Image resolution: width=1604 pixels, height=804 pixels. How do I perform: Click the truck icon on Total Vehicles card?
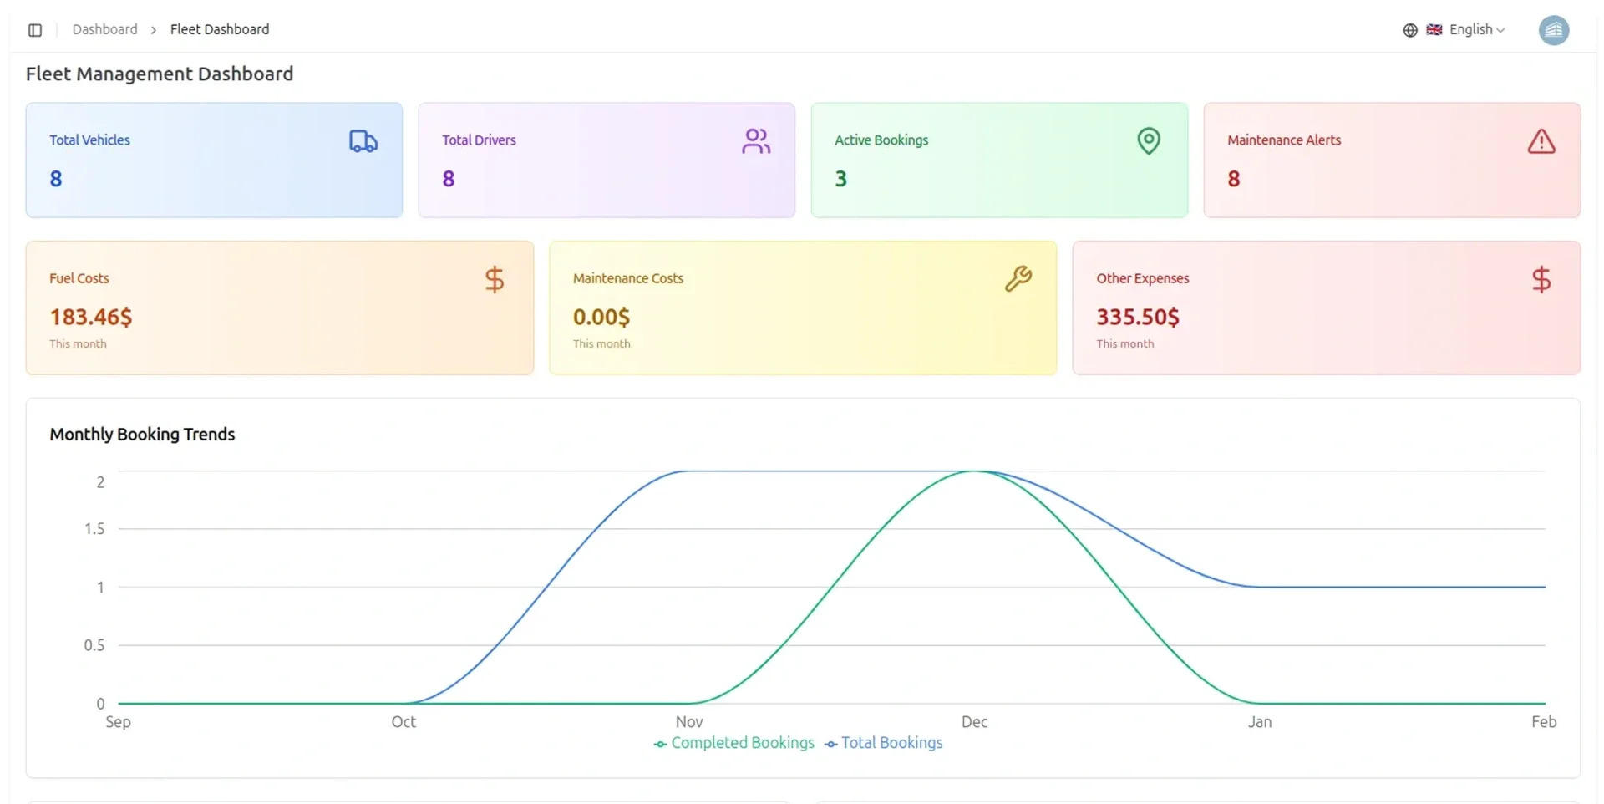coord(363,141)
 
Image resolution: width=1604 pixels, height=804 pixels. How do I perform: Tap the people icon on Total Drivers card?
coord(756,141)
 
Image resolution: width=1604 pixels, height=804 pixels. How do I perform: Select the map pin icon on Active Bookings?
coord(1149,141)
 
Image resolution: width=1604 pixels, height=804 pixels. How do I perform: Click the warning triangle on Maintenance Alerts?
coord(1541,141)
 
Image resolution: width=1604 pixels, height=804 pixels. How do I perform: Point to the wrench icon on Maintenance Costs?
coord(1018,278)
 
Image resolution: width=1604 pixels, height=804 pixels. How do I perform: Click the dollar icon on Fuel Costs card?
coord(495,279)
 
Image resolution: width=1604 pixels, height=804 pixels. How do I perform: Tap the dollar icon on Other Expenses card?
coord(1541,279)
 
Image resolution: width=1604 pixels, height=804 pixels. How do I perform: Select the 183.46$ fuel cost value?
coord(91,317)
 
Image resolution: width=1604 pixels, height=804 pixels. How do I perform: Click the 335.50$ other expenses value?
coord(1138,317)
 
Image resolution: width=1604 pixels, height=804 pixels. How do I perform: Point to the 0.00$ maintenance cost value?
coord(601,317)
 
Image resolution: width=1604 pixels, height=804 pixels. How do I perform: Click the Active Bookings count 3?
coord(840,179)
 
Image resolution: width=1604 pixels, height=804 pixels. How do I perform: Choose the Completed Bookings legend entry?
coord(733,743)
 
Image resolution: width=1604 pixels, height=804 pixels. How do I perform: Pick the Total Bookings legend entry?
coord(883,743)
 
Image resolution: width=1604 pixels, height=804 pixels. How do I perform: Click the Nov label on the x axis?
coord(689,722)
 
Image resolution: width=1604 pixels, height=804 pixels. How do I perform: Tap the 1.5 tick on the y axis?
coord(94,529)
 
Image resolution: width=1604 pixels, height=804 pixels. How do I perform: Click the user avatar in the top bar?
coord(1554,30)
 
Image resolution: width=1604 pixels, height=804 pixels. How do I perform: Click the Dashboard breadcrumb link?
coord(105,29)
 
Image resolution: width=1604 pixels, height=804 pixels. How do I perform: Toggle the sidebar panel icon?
coord(35,30)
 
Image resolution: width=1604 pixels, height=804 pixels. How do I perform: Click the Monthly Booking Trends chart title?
coord(142,435)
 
